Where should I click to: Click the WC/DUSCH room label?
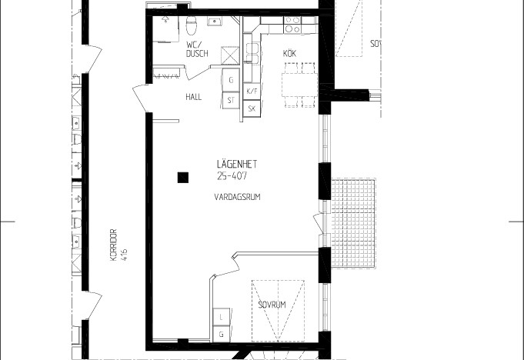[197, 49]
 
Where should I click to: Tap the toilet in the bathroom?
[191, 25]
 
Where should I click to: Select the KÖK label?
[290, 53]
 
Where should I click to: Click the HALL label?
[193, 97]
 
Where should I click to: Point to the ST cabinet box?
[231, 100]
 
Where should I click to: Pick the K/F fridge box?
[252, 92]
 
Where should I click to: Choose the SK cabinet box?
[252, 108]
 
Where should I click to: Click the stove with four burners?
[292, 25]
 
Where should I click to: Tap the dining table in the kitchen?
[299, 85]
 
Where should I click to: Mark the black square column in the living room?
[183, 178]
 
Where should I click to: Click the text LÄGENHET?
[237, 164]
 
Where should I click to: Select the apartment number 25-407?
[232, 176]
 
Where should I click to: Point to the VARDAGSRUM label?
[237, 197]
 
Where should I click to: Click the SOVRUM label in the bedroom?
[272, 305]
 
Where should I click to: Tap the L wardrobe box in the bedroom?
[222, 317]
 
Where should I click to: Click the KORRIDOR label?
[113, 245]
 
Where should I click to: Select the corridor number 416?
[125, 255]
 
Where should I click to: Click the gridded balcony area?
[353, 223]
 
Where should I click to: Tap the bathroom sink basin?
[213, 22]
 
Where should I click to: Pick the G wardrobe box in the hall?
[231, 80]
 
